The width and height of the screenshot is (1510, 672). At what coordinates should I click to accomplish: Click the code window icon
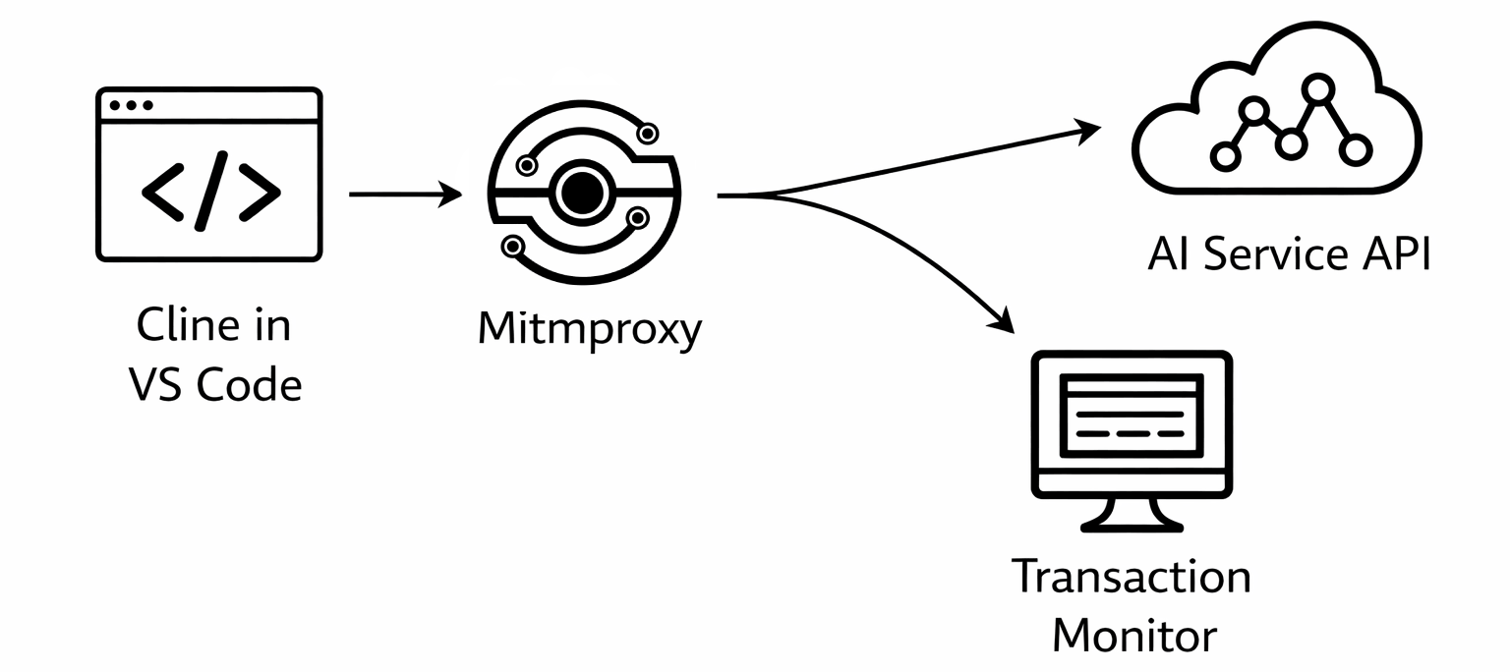click(x=208, y=175)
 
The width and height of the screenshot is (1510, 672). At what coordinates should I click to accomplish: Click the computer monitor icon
click(x=1130, y=438)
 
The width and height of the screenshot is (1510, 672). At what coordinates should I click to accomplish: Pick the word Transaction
click(x=1132, y=576)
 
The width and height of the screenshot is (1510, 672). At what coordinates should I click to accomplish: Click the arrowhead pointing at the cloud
click(x=1089, y=129)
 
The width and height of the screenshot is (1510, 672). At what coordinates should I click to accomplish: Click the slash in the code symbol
click(x=211, y=191)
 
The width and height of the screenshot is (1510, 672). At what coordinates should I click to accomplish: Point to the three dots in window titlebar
click(x=131, y=105)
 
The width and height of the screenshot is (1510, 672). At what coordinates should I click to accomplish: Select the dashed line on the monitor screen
click(x=1130, y=433)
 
